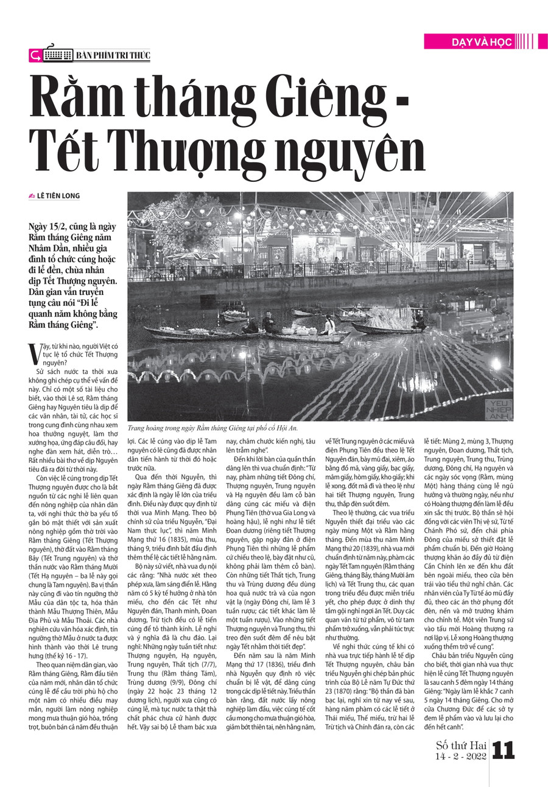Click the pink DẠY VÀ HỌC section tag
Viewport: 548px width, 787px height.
tap(469, 41)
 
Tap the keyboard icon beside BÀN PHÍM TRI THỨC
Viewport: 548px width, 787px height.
tap(58, 55)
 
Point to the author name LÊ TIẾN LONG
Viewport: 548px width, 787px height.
tap(58, 196)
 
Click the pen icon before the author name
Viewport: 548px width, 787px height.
tap(32, 196)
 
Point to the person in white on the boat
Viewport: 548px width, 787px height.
tap(329, 325)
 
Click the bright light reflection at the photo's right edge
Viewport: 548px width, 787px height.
tap(497, 363)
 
